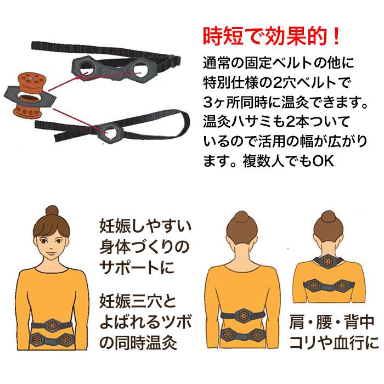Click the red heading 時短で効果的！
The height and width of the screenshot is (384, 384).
pos(270,36)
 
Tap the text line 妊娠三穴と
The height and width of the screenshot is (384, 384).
pos(137,301)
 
